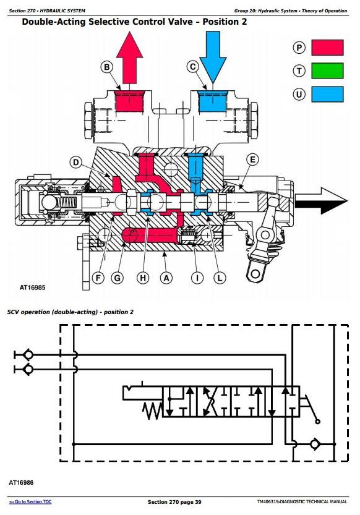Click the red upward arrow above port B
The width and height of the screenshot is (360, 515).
(130, 58)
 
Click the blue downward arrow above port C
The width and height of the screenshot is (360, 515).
(213, 58)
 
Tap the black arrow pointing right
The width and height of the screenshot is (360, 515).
(321, 201)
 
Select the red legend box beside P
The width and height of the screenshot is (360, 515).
(327, 48)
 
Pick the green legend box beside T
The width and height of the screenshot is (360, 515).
(327, 70)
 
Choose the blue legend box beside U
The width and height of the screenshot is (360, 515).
(327, 94)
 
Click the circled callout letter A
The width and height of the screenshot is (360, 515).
(166, 278)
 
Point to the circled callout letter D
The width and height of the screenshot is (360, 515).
(76, 162)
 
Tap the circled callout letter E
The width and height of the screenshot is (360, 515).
(252, 160)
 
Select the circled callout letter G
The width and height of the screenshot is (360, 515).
(118, 278)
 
